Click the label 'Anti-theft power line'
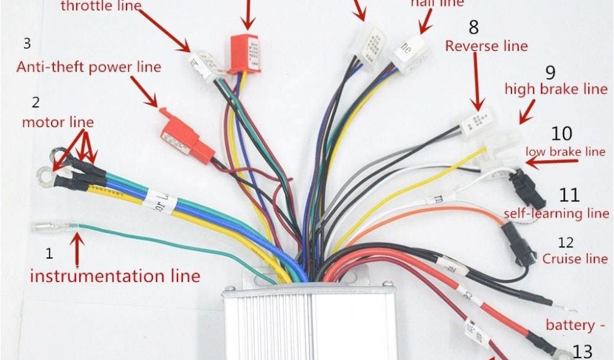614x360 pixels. [x=89, y=67]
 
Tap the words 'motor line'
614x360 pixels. [x=58, y=122]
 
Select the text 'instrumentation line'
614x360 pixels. [x=115, y=276]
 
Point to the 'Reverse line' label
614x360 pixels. [x=486, y=46]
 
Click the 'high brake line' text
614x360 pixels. [x=556, y=89]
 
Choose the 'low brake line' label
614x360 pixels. [x=565, y=152]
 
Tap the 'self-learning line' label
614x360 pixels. [x=559, y=213]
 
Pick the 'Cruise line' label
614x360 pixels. [x=574, y=259]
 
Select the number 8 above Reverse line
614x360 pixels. [x=474, y=27]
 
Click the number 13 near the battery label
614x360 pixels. [x=582, y=350]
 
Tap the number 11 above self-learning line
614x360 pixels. [x=570, y=195]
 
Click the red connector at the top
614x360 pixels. [x=245, y=53]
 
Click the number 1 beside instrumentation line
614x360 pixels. [x=49, y=253]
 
